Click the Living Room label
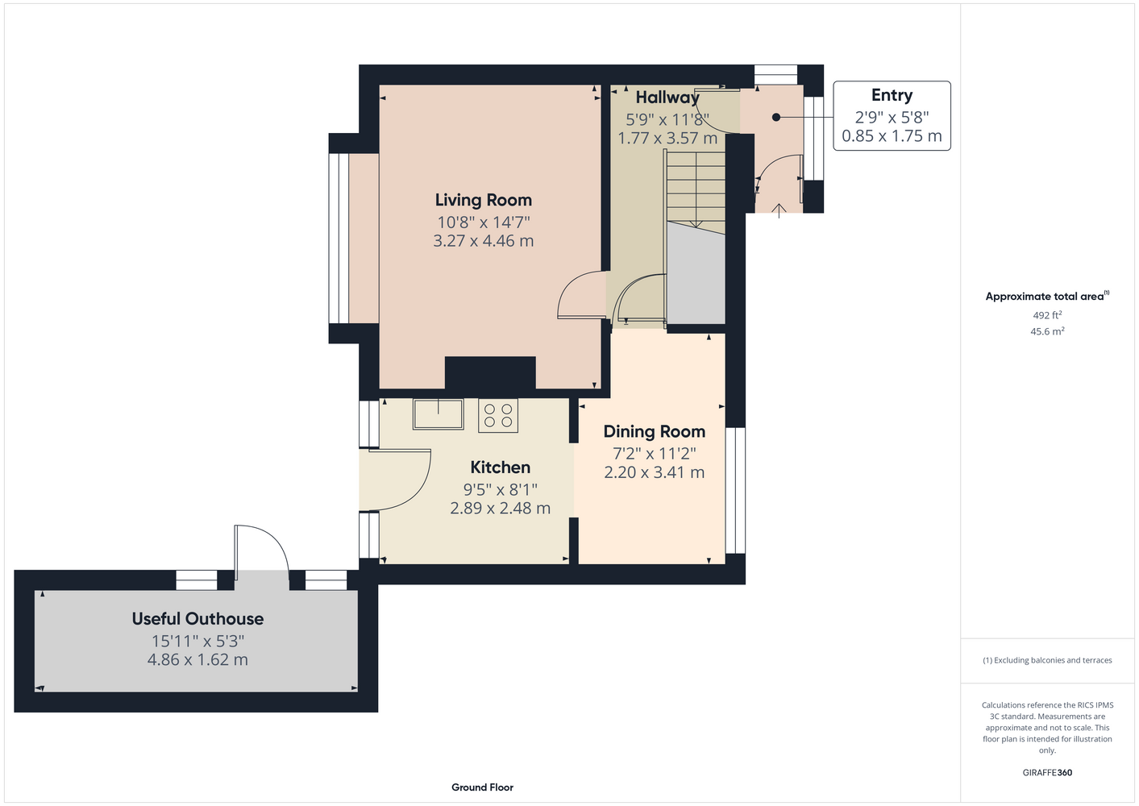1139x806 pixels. tap(483, 200)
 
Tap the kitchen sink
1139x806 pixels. tap(438, 414)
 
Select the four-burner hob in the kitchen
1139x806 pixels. tap(498, 415)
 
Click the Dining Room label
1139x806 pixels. tap(654, 432)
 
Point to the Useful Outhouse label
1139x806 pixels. tap(197, 619)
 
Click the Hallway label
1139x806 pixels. tap(667, 98)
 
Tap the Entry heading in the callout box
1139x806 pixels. tap(892, 95)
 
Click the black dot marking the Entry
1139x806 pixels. tap(776, 118)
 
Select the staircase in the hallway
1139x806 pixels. tap(695, 192)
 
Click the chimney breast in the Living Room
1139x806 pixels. tap(490, 373)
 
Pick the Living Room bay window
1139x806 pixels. tap(339, 239)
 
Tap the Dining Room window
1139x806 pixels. tap(735, 490)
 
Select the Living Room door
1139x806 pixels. tap(580, 296)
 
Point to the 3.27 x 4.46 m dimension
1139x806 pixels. tap(483, 240)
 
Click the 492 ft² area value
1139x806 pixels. tap(1047, 315)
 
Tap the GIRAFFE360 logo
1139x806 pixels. tap(1047, 772)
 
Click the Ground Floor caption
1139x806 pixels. tap(482, 787)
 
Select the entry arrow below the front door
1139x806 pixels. tap(779, 211)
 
